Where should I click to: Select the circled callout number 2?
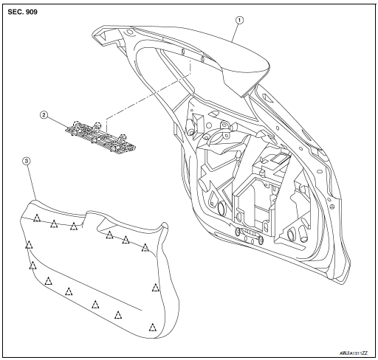(44, 116)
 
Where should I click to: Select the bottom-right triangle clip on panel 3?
(152, 326)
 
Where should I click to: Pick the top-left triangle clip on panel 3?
(35, 217)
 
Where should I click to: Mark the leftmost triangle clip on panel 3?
(29, 244)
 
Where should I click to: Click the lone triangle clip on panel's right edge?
(156, 288)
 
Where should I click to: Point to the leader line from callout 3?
(31, 181)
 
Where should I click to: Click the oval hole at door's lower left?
(221, 210)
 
